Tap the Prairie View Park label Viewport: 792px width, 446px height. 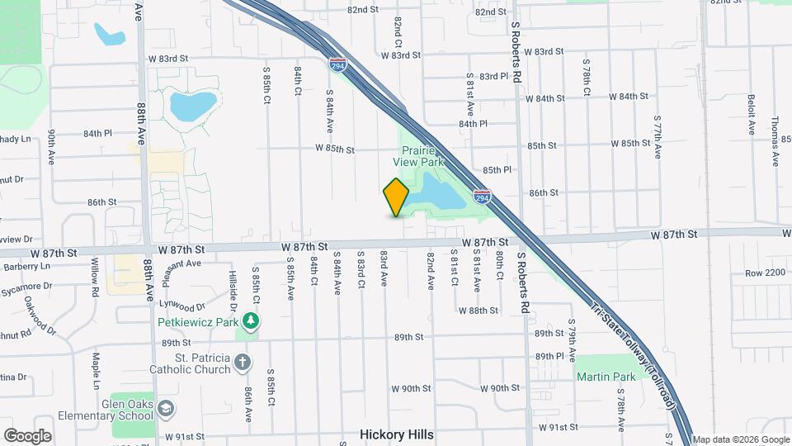[424, 156]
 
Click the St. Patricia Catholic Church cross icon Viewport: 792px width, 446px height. [243, 362]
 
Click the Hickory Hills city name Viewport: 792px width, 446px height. [397, 434]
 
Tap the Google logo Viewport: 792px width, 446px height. [27, 435]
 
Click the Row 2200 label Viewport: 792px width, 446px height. [764, 273]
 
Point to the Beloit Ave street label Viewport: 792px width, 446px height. [752, 121]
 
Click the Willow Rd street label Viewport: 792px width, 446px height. [96, 273]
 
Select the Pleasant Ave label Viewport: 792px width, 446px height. [181, 272]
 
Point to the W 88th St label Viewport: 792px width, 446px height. [478, 311]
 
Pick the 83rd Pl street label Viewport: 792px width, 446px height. [493, 76]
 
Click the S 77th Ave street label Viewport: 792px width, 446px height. [658, 136]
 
